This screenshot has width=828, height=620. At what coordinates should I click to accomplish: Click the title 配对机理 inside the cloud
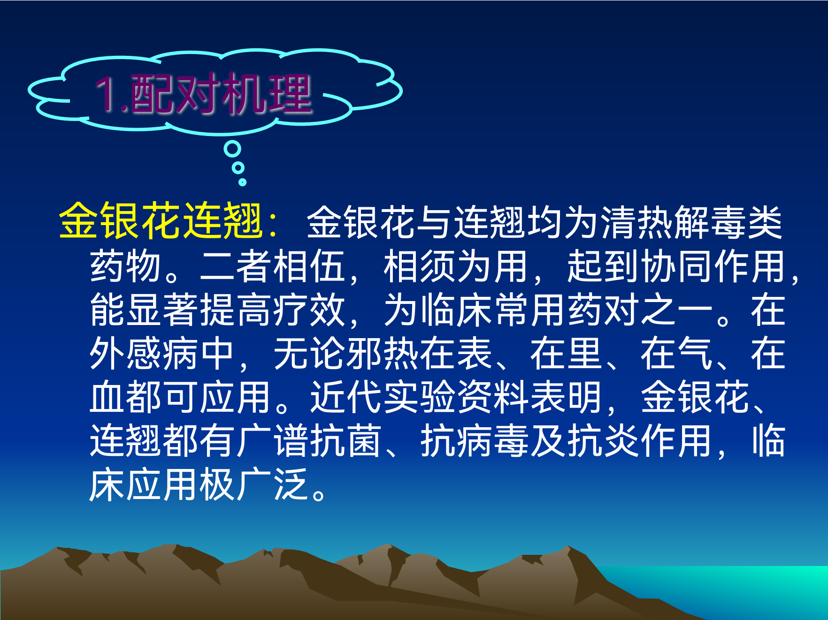221,94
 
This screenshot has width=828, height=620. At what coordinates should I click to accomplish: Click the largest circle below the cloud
232,149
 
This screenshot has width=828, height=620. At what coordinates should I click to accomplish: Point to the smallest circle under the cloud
242,182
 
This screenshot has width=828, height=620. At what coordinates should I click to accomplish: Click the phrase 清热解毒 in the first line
673,222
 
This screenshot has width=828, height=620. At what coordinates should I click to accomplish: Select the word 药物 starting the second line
126,266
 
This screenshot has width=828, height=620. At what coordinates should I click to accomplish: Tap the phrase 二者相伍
272,266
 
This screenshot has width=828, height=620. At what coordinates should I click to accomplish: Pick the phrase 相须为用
456,266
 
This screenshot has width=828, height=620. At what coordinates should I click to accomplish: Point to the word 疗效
309,310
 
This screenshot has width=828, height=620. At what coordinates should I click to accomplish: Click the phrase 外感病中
162,354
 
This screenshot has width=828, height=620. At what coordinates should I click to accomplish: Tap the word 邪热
383,354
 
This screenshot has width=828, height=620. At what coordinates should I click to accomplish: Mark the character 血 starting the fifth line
107,397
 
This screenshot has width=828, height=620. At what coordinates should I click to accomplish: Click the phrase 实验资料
456,397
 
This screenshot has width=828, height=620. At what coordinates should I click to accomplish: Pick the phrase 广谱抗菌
309,441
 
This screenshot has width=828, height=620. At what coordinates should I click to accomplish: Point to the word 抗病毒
474,441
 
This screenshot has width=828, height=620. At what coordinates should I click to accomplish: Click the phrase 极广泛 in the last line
253,484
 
